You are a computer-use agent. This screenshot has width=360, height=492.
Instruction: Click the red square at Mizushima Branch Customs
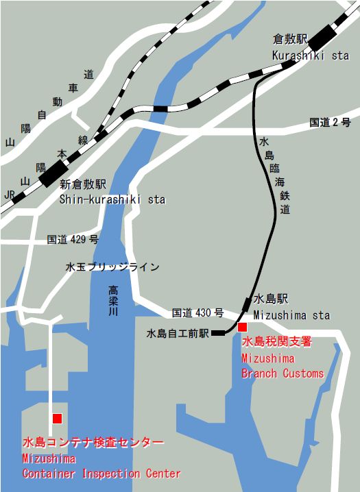[242, 327]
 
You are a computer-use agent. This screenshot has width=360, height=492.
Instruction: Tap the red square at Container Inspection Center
[57, 418]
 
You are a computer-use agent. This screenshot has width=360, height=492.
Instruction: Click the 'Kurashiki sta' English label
[310, 56]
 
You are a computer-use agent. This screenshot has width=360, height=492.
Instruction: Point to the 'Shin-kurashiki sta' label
[112, 199]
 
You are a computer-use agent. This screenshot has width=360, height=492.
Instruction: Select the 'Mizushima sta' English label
[291, 315]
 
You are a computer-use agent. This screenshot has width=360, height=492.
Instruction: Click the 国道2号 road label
[330, 123]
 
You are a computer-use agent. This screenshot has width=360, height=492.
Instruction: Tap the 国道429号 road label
[73, 240]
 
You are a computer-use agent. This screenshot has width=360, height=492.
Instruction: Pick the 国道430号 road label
[197, 312]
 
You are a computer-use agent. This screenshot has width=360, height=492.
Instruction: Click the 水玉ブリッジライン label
[112, 267]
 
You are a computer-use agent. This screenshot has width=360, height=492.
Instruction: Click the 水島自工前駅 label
[178, 334]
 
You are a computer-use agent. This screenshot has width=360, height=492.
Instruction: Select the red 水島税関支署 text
[276, 341]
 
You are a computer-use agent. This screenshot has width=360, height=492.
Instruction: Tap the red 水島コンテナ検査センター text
[93, 442]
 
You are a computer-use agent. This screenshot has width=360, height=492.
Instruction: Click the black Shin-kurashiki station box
[53, 173]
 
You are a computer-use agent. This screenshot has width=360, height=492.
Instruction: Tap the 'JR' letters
[10, 195]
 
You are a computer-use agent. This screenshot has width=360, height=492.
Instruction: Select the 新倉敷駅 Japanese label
[82, 184]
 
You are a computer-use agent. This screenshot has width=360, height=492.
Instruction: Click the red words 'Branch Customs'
[282, 373]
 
